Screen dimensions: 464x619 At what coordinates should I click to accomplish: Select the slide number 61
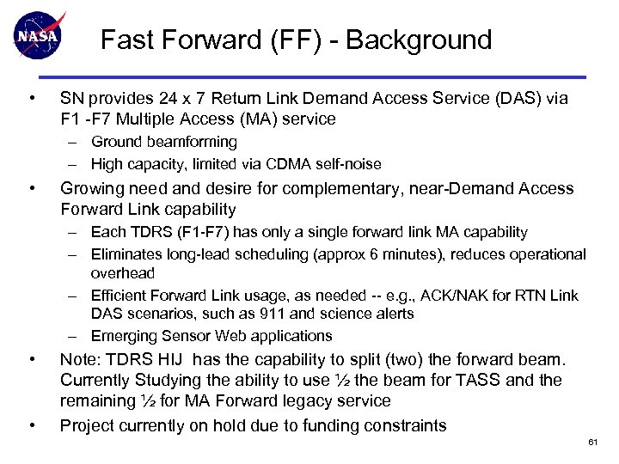tap(592, 442)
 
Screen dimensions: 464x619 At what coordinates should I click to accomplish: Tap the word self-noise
tap(348, 163)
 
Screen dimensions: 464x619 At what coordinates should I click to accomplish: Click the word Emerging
tap(123, 335)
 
